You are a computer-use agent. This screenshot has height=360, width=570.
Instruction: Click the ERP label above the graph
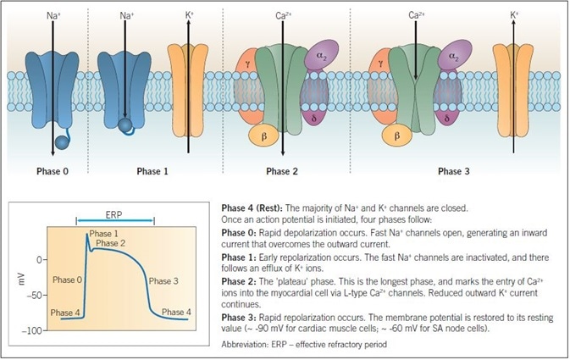113,213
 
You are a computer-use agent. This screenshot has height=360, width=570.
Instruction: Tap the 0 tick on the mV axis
41,258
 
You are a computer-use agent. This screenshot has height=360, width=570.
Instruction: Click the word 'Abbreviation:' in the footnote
246,346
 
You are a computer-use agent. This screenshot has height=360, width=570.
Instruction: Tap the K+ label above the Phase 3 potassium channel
516,15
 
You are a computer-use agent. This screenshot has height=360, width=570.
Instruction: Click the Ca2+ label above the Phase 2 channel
283,15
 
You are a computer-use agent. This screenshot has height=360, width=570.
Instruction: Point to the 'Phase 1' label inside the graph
104,234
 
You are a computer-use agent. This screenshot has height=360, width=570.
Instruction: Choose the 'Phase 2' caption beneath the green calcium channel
283,170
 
